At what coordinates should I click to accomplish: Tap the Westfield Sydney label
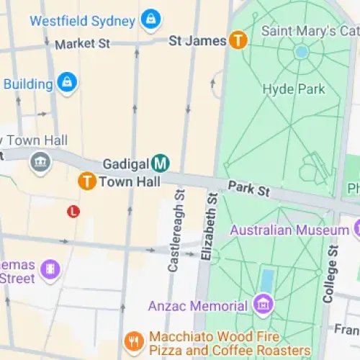pyautogui.click(x=82, y=20)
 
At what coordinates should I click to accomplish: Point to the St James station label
pyautogui.click(x=197, y=41)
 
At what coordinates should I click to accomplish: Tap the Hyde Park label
pyautogui.click(x=294, y=89)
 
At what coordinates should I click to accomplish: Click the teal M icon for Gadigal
pyautogui.click(x=161, y=163)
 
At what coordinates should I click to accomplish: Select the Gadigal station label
pyautogui.click(x=125, y=164)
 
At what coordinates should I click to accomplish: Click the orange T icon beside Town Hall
pyautogui.click(x=87, y=181)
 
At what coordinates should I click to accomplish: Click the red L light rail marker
pyautogui.click(x=73, y=212)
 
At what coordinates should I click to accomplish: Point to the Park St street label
pyautogui.click(x=248, y=190)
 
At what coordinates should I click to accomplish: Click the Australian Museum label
pyautogui.click(x=289, y=230)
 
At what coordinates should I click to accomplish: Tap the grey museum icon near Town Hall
pyautogui.click(x=40, y=162)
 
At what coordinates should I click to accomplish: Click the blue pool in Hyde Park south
pyautogui.click(x=267, y=282)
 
